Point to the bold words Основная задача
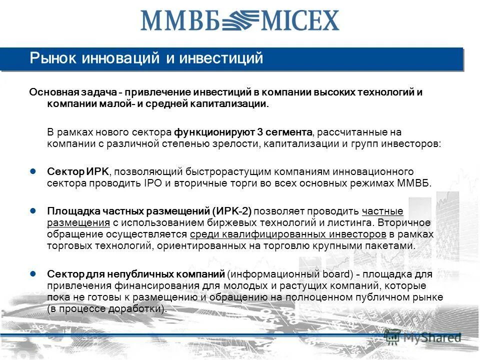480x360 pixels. coord(73,92)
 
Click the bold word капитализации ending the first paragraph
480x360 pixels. coord(232,104)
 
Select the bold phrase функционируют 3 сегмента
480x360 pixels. coord(243,132)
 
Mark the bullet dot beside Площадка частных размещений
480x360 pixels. coord(33,210)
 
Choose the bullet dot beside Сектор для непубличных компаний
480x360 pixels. coord(33,274)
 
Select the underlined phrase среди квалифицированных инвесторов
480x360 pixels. coord(288,234)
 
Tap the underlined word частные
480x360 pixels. coord(382,211)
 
